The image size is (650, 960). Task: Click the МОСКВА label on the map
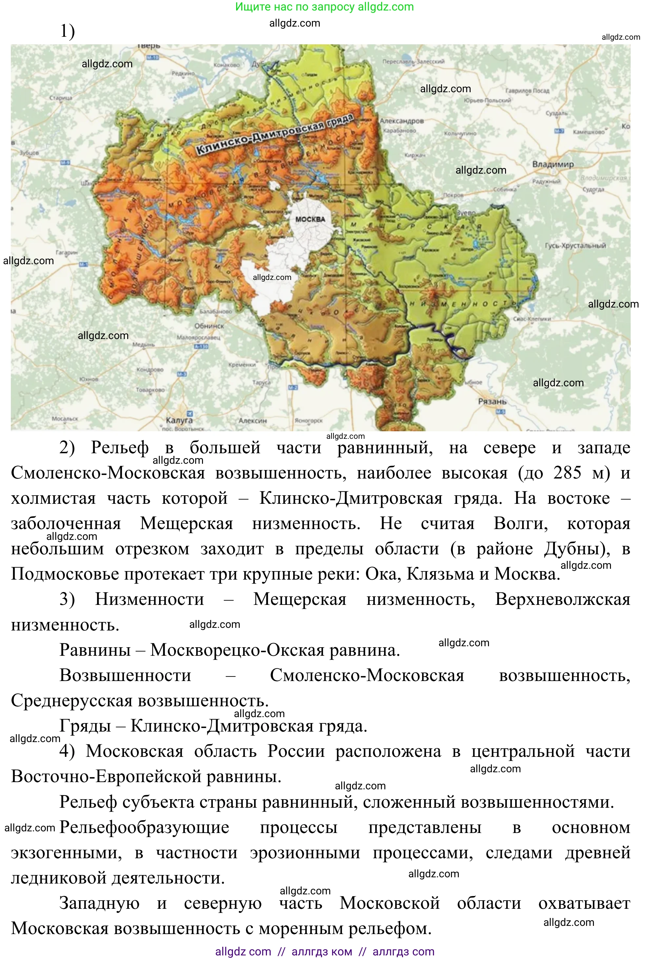(x=310, y=219)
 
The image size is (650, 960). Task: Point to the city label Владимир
(x=553, y=164)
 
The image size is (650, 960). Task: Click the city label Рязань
(x=492, y=401)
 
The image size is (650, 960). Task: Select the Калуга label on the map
(x=179, y=420)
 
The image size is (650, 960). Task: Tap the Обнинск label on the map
(x=209, y=326)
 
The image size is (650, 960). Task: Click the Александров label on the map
(x=401, y=121)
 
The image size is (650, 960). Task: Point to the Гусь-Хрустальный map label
(x=575, y=245)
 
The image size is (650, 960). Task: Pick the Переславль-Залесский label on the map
(x=413, y=62)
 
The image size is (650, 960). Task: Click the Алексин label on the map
(x=253, y=420)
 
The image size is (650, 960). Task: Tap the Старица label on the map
(x=61, y=98)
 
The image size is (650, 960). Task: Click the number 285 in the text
(x=567, y=473)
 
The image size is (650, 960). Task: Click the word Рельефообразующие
(x=144, y=827)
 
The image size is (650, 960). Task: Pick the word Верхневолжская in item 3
(x=562, y=599)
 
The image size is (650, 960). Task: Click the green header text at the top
(x=324, y=7)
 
